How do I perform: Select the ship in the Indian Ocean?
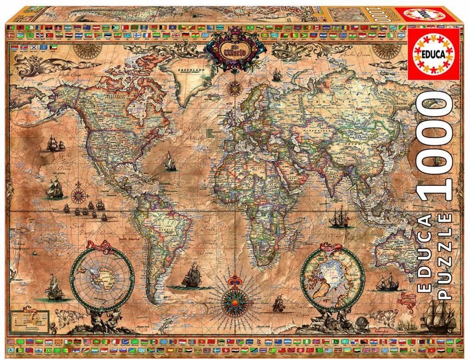coord(339,218)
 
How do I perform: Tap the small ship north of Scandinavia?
coord(277,75)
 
